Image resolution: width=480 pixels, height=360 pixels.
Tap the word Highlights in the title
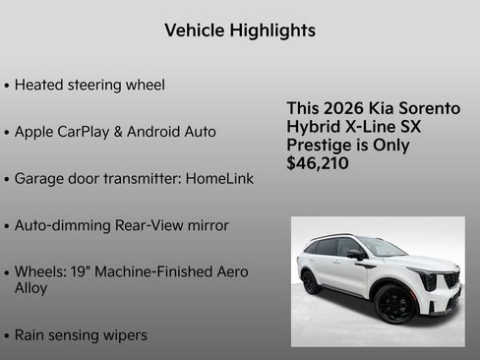(x=272, y=30)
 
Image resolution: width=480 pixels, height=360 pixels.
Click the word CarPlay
(x=92, y=132)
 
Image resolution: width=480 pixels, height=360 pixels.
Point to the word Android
(x=159, y=132)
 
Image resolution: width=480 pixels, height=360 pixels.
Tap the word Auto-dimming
(x=63, y=225)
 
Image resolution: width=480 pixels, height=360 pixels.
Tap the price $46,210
(x=317, y=163)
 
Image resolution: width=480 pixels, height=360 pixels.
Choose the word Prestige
(x=319, y=145)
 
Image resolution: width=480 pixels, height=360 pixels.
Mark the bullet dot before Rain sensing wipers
(x=7, y=336)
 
